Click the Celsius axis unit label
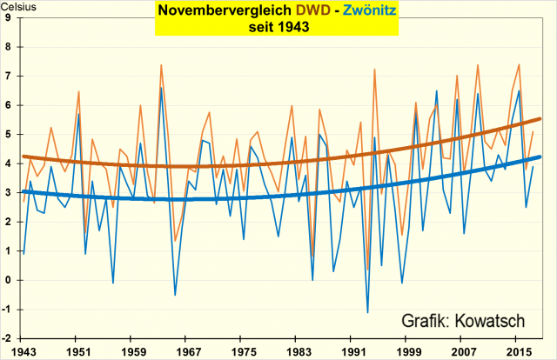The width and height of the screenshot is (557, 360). pyautogui.click(x=20, y=6)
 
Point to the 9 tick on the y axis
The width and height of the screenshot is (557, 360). pyautogui.click(x=8, y=18)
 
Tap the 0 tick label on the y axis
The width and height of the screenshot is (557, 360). pyautogui.click(x=8, y=280)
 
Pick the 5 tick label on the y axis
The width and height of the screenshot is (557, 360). pyautogui.click(x=8, y=135)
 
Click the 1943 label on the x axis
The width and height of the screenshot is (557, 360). pyautogui.click(x=18, y=351)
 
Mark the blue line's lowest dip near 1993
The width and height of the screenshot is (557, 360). pyautogui.click(x=367, y=312)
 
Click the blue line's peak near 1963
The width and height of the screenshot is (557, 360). pyautogui.click(x=161, y=88)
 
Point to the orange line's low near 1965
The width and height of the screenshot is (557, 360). pyautogui.click(x=175, y=241)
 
